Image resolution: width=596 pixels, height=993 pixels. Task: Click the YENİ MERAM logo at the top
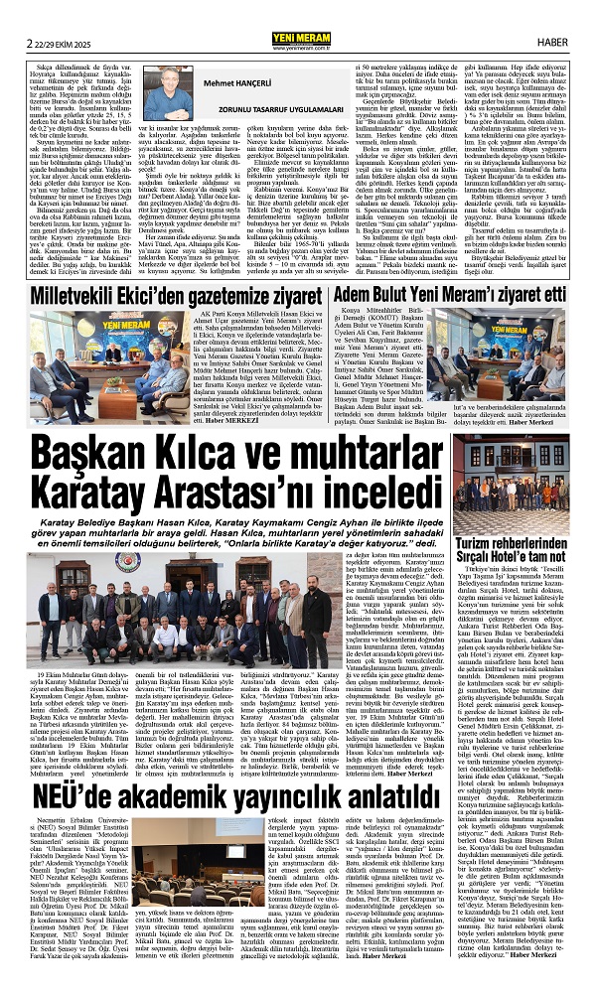tap(297, 12)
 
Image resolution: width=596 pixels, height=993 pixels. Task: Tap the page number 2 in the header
tap(18, 13)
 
